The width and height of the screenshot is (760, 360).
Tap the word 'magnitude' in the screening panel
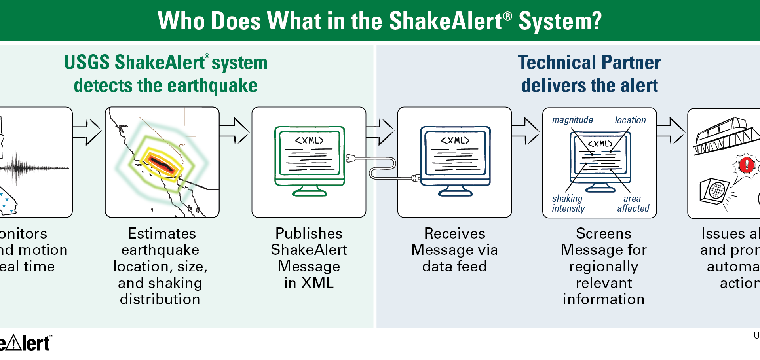(x=572, y=120)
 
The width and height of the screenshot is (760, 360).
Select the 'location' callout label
(x=630, y=120)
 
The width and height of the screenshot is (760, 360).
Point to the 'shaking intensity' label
(x=568, y=203)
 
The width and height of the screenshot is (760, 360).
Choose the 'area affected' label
(x=633, y=203)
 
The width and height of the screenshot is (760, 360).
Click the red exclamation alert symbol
(x=747, y=164)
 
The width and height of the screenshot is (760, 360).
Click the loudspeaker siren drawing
(x=714, y=191)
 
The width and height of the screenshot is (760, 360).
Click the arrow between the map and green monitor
(x=235, y=131)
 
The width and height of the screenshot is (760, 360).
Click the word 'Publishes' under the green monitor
(x=309, y=233)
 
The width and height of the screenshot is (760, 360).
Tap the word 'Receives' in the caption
(x=454, y=233)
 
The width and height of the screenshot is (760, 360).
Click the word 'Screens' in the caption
(x=603, y=233)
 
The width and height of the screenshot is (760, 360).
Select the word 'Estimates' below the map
(x=162, y=233)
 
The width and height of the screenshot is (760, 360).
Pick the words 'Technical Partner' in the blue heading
(x=589, y=63)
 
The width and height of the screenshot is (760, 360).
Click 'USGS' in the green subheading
(x=87, y=63)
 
